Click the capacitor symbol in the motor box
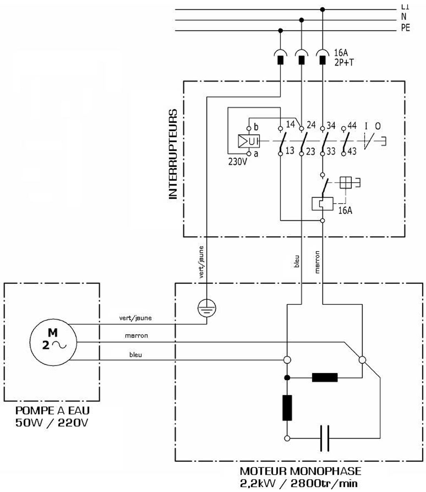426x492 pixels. click(325, 438)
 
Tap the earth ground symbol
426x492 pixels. click(207, 309)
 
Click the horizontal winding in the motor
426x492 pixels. click(325, 378)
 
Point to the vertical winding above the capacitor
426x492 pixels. click(287, 408)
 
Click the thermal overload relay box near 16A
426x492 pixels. click(322, 203)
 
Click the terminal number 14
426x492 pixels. click(290, 124)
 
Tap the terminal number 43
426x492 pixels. click(352, 152)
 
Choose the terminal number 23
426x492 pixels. click(310, 152)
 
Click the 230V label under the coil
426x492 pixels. click(238, 162)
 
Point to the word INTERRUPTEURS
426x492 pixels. click(173, 155)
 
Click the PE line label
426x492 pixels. click(405, 28)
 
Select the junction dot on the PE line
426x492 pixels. click(280, 30)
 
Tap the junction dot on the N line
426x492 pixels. click(301, 20)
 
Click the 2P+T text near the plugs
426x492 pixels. click(344, 62)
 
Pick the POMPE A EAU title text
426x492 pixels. click(52, 411)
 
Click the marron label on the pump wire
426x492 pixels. click(136, 335)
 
